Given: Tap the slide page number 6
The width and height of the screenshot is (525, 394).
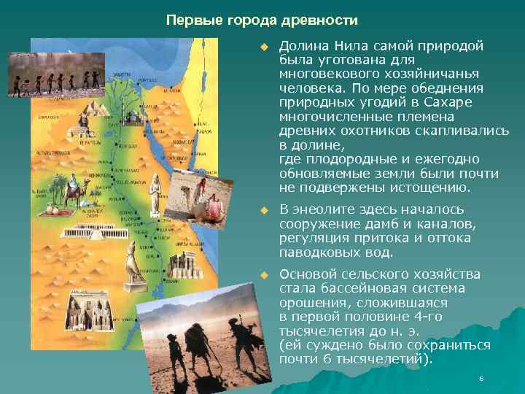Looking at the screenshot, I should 481,379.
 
